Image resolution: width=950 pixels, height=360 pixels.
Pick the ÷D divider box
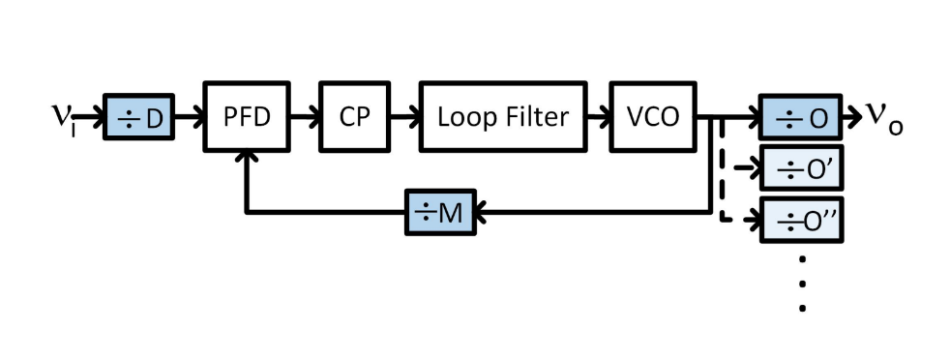(138, 119)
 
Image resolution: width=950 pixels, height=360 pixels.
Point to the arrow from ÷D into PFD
(190, 118)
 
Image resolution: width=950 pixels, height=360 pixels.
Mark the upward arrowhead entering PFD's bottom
(248, 161)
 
